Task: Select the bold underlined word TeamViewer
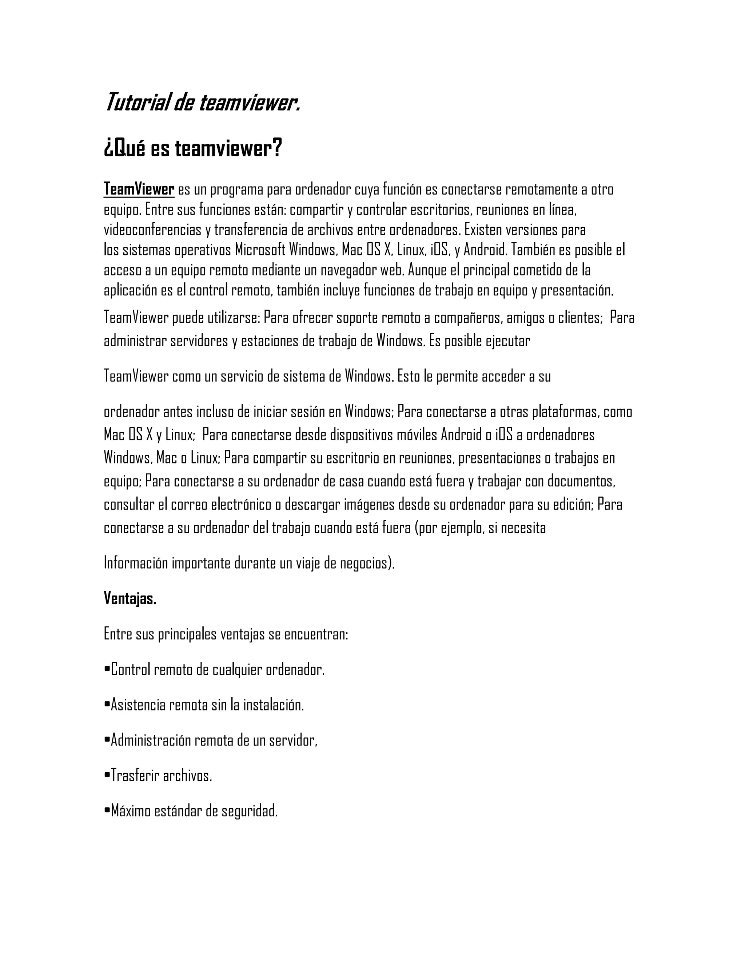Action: tap(139, 190)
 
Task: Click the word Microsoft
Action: tap(260, 250)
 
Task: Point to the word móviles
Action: tap(417, 435)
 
